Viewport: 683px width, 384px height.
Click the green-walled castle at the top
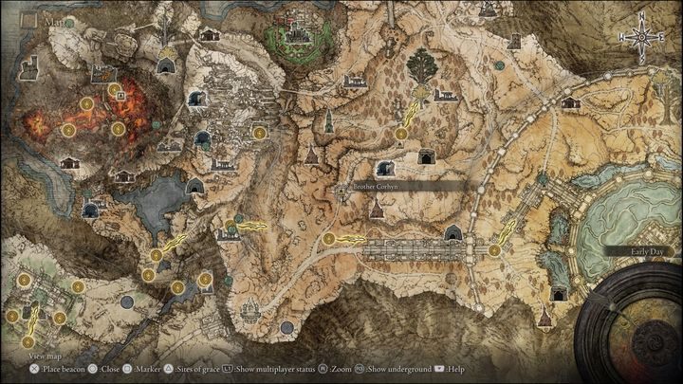point(296,38)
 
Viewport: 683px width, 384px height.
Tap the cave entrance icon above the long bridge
point(453,232)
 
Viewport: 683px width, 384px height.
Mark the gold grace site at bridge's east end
point(494,250)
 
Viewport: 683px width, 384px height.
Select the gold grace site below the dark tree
point(401,134)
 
